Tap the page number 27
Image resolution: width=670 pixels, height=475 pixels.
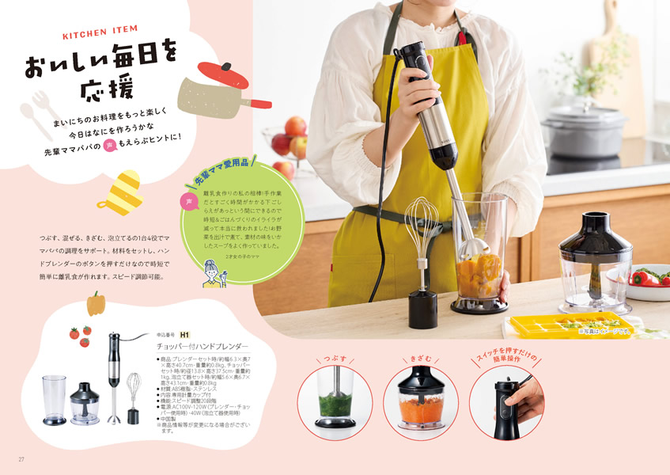click(x=22, y=459)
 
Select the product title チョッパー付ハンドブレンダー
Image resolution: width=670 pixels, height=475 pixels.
click(x=203, y=347)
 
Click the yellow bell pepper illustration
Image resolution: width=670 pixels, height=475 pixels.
click(x=96, y=302)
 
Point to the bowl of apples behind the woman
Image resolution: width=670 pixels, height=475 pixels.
click(x=289, y=142)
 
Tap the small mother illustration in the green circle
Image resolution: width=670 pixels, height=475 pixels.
click(x=214, y=273)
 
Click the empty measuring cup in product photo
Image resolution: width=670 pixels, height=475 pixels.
click(x=53, y=398)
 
